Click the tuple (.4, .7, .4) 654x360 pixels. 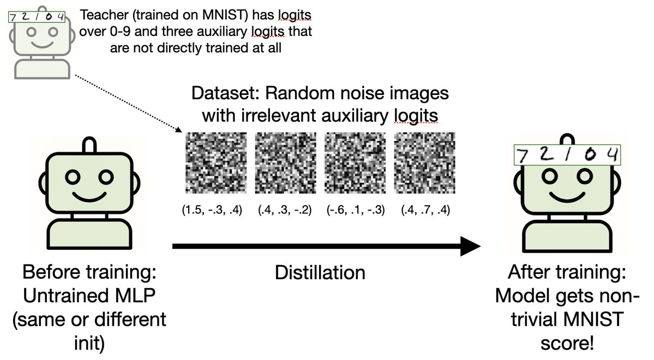point(425,210)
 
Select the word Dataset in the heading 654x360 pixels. point(226,93)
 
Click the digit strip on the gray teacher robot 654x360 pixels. point(37,17)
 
